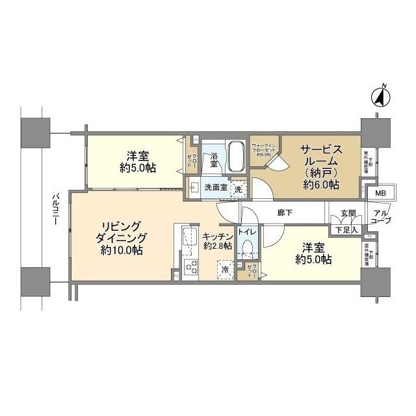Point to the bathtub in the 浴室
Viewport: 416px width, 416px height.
pos(235,157)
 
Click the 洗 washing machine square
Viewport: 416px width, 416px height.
pos(239,188)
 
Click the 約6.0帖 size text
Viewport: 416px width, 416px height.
pos(319,185)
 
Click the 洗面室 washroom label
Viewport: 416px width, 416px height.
pos(214,188)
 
